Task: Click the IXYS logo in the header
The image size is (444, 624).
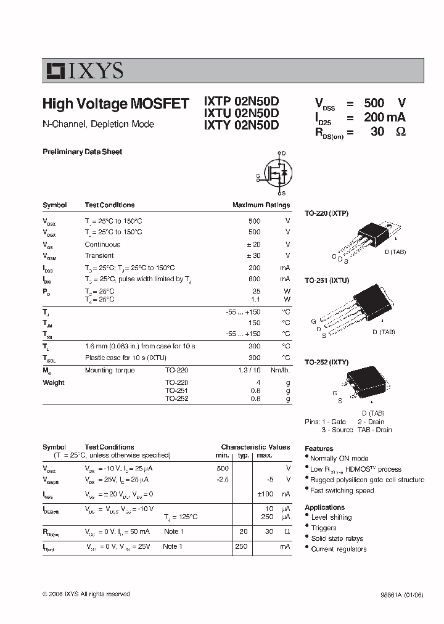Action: pyautogui.click(x=84, y=71)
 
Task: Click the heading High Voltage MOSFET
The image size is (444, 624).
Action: pyautogui.click(x=115, y=104)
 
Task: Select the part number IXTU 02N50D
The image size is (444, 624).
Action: pyautogui.click(x=241, y=113)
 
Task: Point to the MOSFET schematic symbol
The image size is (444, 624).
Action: pyautogui.click(x=276, y=173)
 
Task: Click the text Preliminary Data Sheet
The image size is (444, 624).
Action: pyautogui.click(x=82, y=152)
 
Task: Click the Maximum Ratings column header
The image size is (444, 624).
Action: pyautogui.click(x=261, y=205)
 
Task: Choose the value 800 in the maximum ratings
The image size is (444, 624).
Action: pyautogui.click(x=254, y=279)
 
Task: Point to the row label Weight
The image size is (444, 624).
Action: pyautogui.click(x=54, y=382)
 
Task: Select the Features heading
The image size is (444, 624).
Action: pyautogui.click(x=319, y=449)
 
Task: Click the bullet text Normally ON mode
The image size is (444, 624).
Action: pyautogui.click(x=339, y=458)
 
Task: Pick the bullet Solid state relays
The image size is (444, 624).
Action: pyautogui.click(x=337, y=538)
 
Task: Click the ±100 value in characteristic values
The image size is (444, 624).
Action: pyautogui.click(x=265, y=494)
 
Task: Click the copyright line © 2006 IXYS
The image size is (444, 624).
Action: pyautogui.click(x=86, y=594)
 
